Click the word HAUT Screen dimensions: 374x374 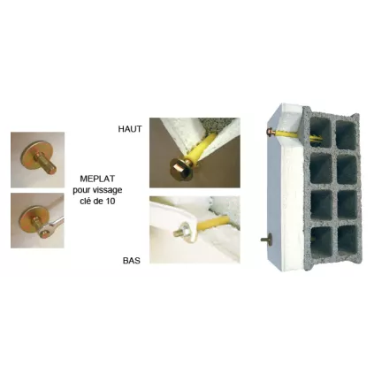(130, 128)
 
